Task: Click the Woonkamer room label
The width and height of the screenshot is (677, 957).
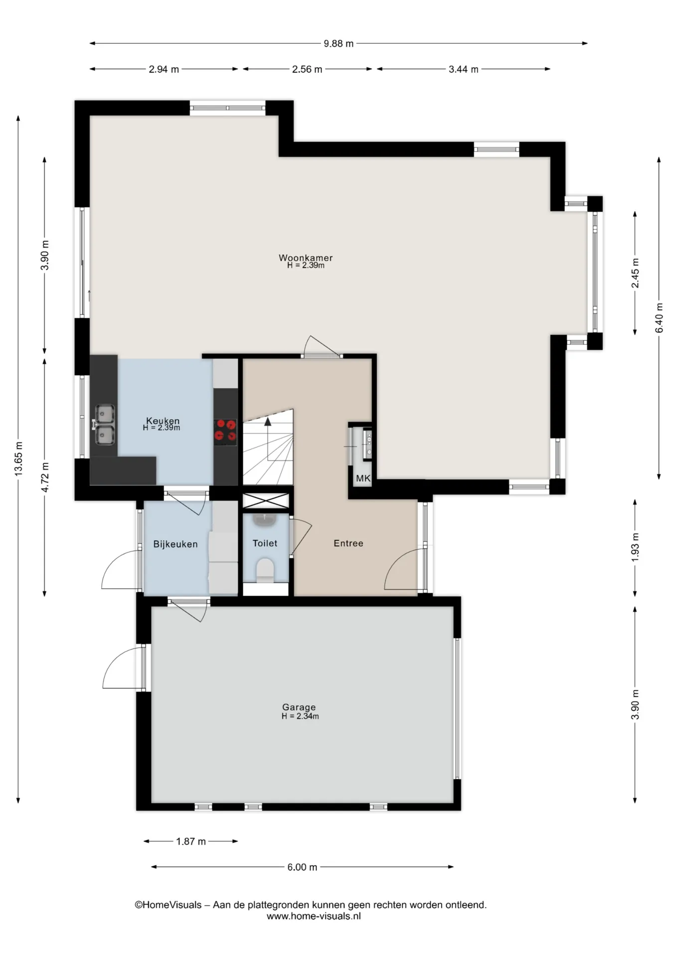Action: click(306, 258)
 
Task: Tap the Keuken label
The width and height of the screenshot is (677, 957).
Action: click(163, 421)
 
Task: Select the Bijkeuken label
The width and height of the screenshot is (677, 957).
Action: click(175, 544)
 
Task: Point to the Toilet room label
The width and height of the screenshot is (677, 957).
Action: click(265, 543)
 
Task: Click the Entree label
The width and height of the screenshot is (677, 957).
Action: click(348, 543)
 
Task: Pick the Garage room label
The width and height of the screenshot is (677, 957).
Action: click(299, 707)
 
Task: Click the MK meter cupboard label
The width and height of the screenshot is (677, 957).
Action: click(363, 478)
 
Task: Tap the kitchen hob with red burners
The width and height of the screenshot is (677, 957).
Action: click(225, 432)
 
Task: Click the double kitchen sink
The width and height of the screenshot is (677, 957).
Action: click(105, 424)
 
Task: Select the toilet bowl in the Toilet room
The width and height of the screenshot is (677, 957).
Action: click(265, 570)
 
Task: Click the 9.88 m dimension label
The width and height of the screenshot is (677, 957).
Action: click(338, 43)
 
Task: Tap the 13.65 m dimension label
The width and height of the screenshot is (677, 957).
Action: click(18, 459)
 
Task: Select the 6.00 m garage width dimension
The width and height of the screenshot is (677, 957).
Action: click(302, 867)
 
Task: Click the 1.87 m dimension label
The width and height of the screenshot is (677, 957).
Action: click(191, 841)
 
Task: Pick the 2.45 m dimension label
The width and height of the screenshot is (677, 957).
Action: click(635, 273)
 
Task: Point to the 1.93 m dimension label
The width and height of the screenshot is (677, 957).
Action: click(635, 547)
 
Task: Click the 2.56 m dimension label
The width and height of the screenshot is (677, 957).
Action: click(307, 69)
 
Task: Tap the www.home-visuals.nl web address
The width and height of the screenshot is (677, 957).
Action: click(314, 916)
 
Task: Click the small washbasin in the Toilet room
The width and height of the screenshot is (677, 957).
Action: click(264, 519)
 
